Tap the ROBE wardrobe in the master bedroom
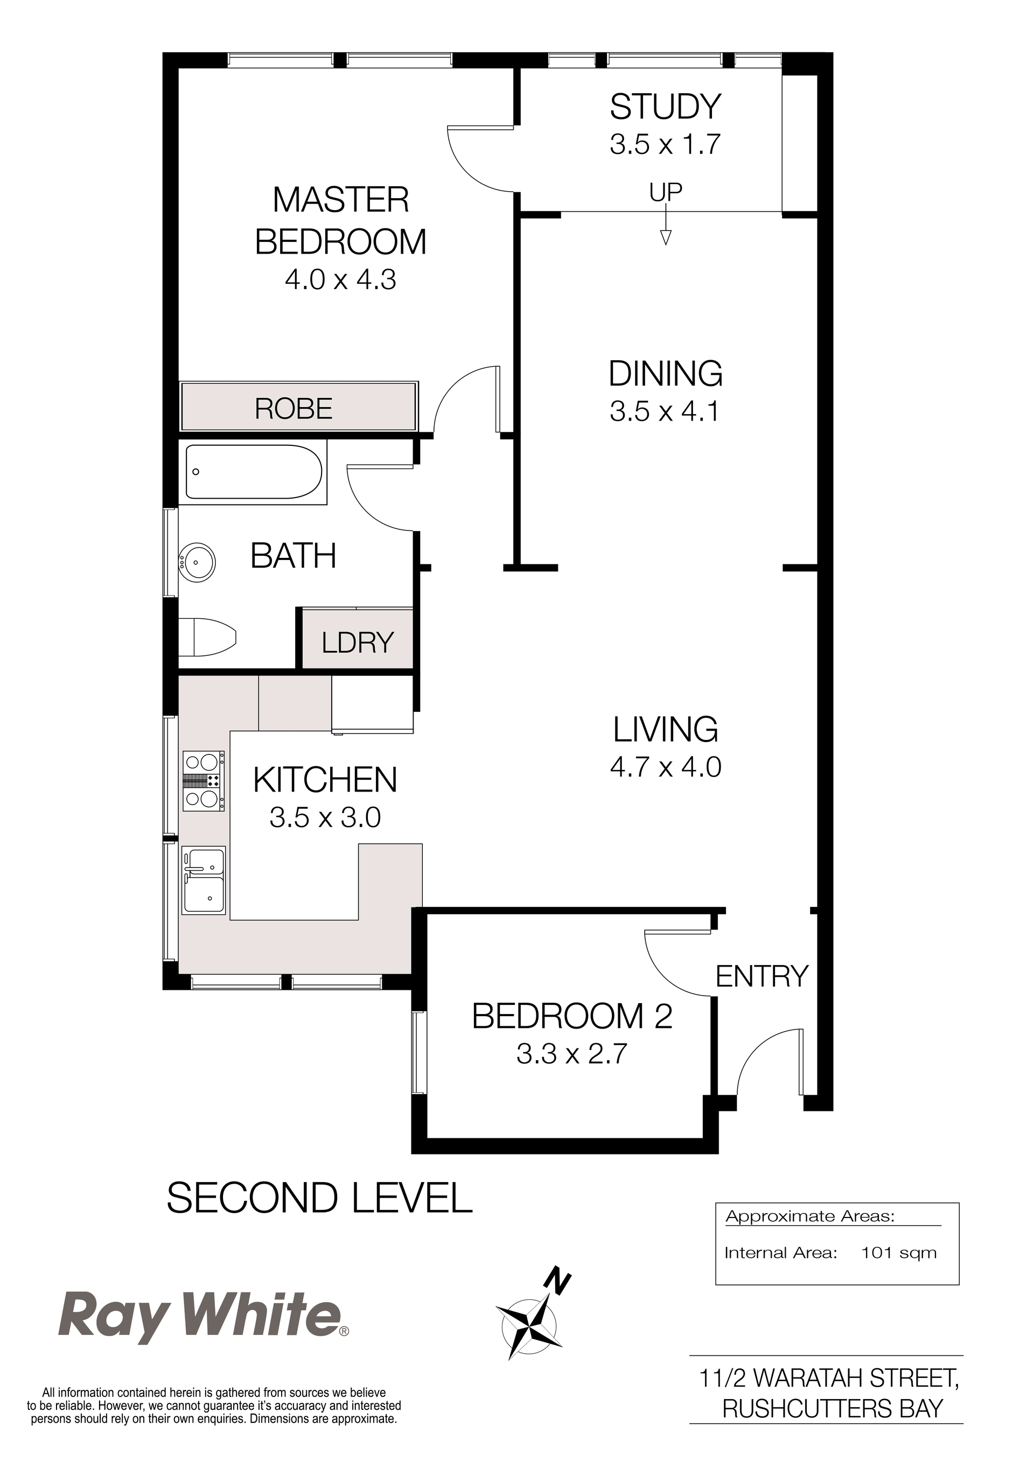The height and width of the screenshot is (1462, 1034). (298, 406)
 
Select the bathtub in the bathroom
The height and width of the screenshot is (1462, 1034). (254, 471)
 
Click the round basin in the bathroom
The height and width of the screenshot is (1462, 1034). (198, 562)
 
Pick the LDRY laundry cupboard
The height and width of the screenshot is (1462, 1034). (357, 639)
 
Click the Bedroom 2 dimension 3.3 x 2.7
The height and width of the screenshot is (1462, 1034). (572, 1054)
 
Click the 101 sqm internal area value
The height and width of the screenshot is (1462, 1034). (898, 1253)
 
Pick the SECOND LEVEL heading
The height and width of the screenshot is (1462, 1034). (319, 1197)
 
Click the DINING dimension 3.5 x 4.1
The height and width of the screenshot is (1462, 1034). (665, 411)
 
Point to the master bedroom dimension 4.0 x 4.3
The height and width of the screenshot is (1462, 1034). (341, 279)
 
